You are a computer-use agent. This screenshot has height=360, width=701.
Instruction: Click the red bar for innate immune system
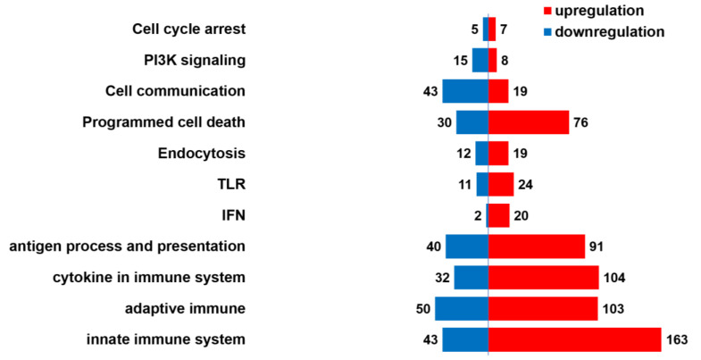click(574, 339)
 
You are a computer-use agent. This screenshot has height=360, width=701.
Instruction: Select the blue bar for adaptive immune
click(462, 308)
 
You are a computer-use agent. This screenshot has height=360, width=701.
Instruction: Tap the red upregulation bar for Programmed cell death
click(529, 122)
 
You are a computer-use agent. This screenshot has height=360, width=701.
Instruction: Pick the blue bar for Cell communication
click(465, 91)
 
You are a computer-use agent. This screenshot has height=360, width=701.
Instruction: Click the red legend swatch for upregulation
click(547, 12)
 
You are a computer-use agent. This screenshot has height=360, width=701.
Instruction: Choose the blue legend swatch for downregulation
click(547, 32)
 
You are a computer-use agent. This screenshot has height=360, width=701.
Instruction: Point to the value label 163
click(679, 339)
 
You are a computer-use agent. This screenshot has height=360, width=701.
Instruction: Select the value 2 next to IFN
click(479, 215)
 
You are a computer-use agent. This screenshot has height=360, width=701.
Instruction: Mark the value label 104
click(614, 278)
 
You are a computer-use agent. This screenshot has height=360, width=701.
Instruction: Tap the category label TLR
click(230, 185)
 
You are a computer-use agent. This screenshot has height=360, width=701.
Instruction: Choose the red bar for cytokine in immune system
click(544, 278)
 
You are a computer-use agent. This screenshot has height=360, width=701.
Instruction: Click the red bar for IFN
click(499, 215)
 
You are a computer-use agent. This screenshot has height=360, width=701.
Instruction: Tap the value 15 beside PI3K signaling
click(461, 60)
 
